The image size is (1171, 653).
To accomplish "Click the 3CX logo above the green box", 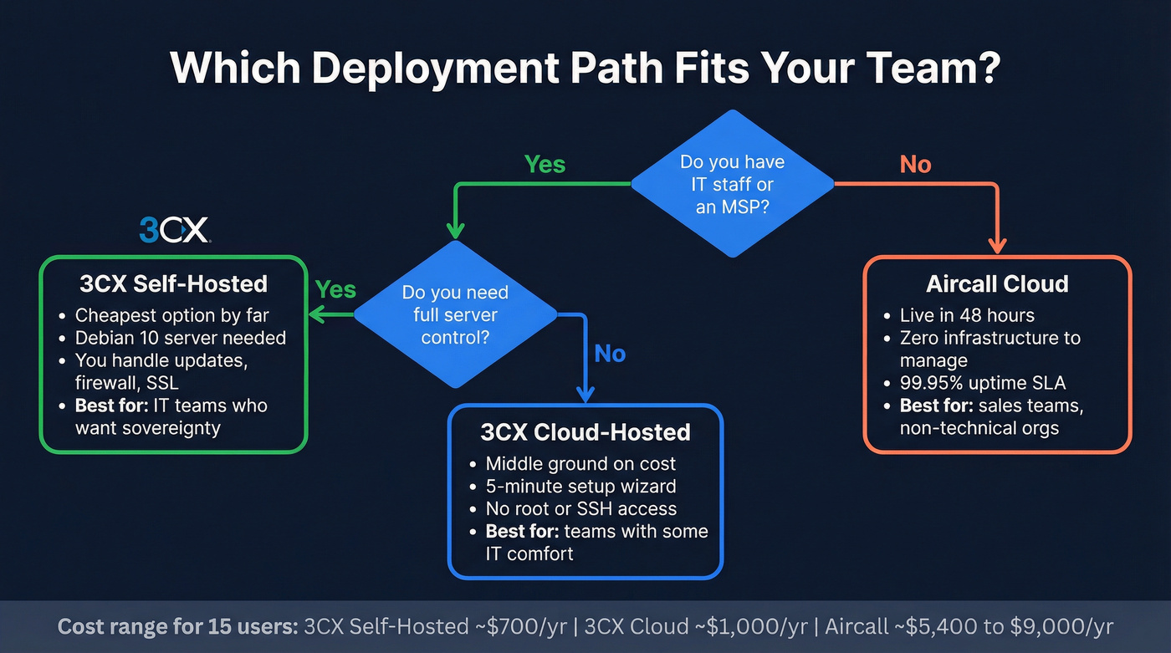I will [x=175, y=229].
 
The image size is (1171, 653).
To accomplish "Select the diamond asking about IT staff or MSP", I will [x=732, y=184].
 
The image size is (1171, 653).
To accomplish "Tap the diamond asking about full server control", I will [x=455, y=315].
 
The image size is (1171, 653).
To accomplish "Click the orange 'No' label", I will [x=915, y=164].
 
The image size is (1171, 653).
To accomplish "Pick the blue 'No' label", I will [x=610, y=354].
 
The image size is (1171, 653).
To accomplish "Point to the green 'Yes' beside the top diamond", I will [x=545, y=164].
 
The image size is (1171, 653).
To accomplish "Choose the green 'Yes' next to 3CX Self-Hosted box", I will [x=335, y=290].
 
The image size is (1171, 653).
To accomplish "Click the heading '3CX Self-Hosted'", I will [x=173, y=283].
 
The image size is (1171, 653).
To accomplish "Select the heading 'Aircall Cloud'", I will [x=997, y=283].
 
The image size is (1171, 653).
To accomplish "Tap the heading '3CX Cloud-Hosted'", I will [x=585, y=432].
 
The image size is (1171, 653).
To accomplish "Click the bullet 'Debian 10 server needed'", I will [x=181, y=338].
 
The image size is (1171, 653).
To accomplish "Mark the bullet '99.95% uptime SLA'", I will [x=983, y=383].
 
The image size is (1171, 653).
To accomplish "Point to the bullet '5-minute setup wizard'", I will [x=580, y=486].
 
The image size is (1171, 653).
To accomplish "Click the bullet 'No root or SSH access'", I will [x=580, y=508].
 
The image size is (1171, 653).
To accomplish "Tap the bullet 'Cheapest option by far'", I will [x=172, y=315].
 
